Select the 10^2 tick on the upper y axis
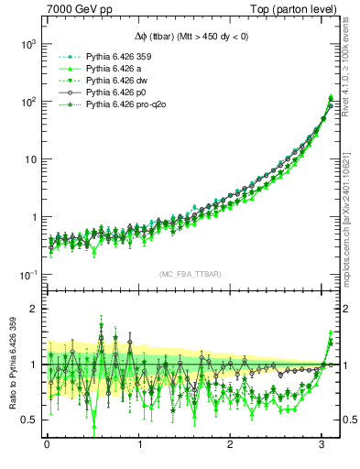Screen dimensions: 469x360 pyautogui.click(x=27, y=102)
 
